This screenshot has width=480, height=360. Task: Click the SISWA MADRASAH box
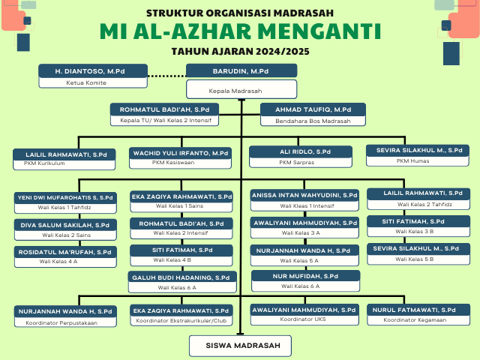point(240,346)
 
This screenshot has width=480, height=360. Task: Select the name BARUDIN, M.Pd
point(241,71)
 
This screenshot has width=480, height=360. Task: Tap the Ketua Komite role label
point(86,82)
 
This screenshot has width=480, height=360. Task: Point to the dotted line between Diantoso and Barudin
point(166,76)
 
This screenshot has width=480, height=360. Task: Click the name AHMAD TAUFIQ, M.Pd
point(313,109)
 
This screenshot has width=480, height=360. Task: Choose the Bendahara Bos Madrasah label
point(313,121)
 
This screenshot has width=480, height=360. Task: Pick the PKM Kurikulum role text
point(44,163)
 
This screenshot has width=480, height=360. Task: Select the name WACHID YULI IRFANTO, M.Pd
point(181,153)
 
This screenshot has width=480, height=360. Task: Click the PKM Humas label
point(413,160)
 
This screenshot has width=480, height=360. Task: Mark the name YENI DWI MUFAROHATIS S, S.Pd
point(65,197)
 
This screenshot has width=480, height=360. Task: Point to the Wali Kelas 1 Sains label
point(179,206)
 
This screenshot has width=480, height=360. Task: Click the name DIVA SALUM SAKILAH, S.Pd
point(65,225)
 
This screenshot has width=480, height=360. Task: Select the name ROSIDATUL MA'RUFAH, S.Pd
point(65,252)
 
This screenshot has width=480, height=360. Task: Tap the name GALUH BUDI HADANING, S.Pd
point(181,277)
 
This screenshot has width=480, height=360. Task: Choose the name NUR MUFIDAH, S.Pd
point(305,276)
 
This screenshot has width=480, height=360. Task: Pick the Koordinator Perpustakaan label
point(61,323)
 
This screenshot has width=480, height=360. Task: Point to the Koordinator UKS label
point(303,319)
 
